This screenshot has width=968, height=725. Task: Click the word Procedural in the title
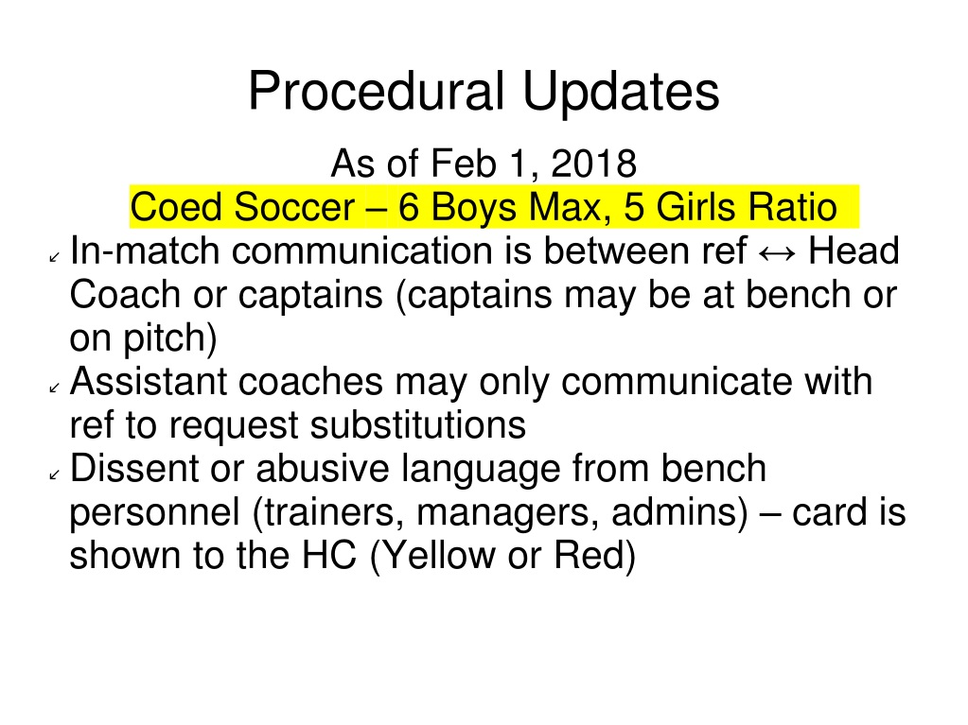pyautogui.click(x=377, y=92)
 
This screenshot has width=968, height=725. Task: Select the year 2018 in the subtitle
pyautogui.click(x=593, y=164)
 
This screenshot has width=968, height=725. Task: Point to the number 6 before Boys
pyautogui.click(x=408, y=206)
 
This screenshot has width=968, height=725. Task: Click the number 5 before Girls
pyautogui.click(x=633, y=206)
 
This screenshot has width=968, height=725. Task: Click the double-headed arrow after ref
pyautogui.click(x=777, y=253)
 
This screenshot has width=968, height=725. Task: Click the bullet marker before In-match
pyautogui.click(x=54, y=257)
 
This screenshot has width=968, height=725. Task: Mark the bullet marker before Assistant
pyautogui.click(x=54, y=388)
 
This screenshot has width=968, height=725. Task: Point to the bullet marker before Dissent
pyautogui.click(x=54, y=475)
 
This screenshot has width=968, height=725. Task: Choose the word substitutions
pyautogui.click(x=418, y=424)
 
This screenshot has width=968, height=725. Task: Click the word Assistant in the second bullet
pyautogui.click(x=149, y=381)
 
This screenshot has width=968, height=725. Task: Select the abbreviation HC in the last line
pyautogui.click(x=329, y=555)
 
